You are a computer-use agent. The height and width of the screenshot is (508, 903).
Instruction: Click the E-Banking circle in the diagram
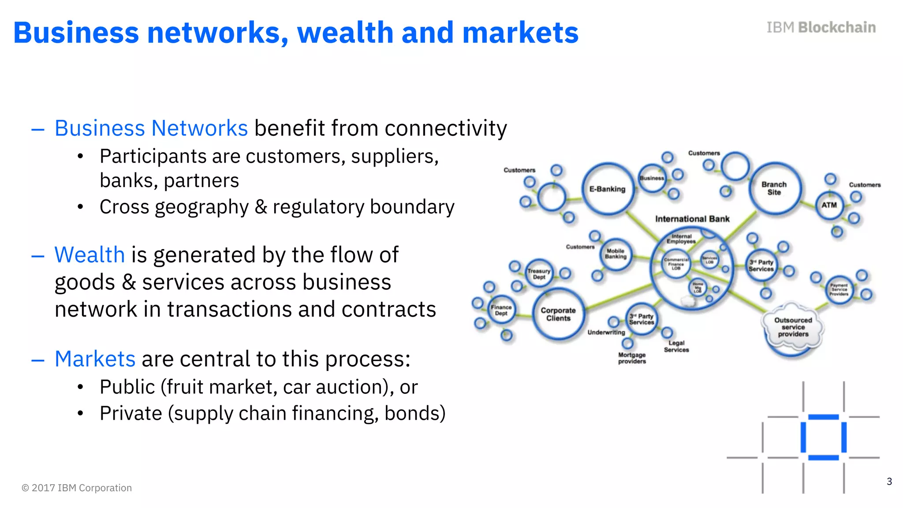[x=608, y=189]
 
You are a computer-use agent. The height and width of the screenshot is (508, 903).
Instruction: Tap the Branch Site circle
[x=774, y=188]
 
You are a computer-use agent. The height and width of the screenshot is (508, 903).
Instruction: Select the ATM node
[x=829, y=205]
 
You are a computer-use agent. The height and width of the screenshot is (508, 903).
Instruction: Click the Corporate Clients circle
[x=558, y=314]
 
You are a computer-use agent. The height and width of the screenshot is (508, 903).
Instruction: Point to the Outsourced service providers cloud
[x=793, y=327]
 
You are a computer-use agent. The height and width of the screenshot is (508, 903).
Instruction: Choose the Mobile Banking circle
[x=616, y=254]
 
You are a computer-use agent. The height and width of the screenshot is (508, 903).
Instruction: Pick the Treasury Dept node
[x=539, y=274]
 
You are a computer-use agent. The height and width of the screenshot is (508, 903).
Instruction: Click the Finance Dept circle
[x=501, y=310]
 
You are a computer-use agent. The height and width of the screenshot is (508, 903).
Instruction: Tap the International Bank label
[x=692, y=219]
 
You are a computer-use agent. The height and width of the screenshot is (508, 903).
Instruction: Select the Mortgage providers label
[x=632, y=358]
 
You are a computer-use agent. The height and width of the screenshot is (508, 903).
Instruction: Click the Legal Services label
[x=676, y=346]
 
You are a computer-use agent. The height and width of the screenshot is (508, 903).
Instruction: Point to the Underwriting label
[x=606, y=332]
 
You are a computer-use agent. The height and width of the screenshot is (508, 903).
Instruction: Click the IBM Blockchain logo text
[x=821, y=27]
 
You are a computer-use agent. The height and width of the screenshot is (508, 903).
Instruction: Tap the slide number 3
[x=889, y=482]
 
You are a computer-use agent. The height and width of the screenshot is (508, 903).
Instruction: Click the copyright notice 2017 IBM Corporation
[x=77, y=488]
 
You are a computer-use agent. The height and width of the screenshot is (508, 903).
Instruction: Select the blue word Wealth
[x=90, y=255]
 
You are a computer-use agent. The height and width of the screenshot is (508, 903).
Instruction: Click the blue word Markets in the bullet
[x=95, y=359]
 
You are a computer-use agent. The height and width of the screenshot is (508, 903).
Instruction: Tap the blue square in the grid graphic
[x=823, y=437]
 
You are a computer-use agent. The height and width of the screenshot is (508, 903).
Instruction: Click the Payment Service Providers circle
[x=839, y=289]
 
